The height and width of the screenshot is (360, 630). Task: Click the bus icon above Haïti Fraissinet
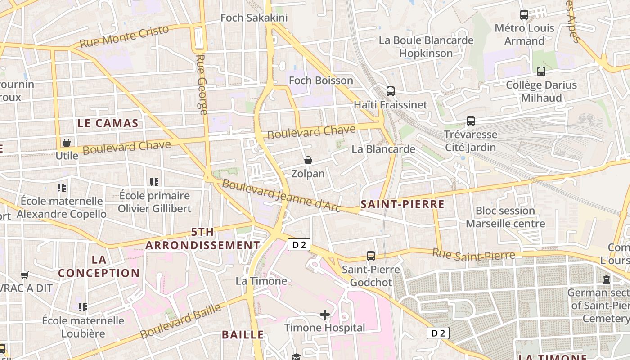(x=391, y=91)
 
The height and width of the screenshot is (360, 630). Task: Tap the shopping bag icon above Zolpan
(x=308, y=160)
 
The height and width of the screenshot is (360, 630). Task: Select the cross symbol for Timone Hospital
(x=325, y=314)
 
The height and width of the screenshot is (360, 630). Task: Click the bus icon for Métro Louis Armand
(x=524, y=15)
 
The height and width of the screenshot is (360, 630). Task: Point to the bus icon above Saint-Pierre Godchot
(x=371, y=256)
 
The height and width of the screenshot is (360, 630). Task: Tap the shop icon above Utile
(x=67, y=143)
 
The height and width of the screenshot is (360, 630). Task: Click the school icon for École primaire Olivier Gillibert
(x=154, y=182)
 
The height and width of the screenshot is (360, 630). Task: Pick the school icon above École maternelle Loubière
(x=82, y=307)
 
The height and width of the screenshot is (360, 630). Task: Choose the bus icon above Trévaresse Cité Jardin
(x=471, y=121)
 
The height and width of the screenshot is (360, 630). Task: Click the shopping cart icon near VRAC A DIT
(x=25, y=275)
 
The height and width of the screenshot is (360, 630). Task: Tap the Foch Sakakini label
(x=247, y=18)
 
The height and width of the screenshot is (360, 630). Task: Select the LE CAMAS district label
(x=108, y=123)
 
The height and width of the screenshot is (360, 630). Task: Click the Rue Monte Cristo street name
(x=124, y=36)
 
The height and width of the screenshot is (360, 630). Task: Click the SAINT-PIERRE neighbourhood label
(x=402, y=204)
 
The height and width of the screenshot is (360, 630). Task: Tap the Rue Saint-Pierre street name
(x=473, y=254)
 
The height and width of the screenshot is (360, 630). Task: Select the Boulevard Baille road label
(x=181, y=321)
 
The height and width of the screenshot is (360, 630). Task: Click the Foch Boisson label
(x=321, y=81)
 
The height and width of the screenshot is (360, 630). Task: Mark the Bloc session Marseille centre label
(x=505, y=217)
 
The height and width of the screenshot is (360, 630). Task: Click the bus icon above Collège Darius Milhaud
(x=541, y=72)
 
